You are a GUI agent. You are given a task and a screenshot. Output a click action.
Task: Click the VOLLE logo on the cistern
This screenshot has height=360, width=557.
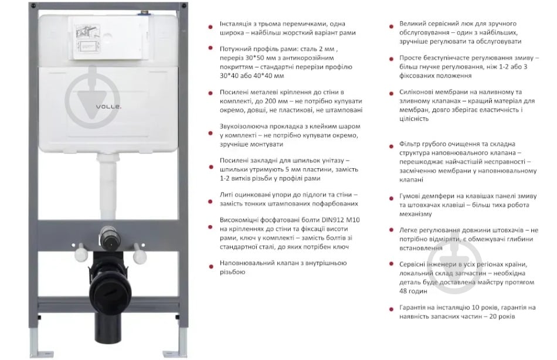108,106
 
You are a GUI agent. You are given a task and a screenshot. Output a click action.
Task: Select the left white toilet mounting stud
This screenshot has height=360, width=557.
81,252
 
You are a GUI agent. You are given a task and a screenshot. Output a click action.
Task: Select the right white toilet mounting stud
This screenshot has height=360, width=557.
139,253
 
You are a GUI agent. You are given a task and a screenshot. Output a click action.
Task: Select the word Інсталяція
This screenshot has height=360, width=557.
235,24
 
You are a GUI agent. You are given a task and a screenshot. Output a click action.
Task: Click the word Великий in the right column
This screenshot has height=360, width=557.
412,24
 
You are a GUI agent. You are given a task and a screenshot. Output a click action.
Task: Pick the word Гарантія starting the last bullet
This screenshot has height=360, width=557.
412,307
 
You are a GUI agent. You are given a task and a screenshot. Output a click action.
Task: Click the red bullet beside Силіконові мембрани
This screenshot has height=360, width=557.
391,93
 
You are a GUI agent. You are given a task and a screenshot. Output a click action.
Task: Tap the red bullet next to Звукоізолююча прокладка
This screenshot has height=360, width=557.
210,133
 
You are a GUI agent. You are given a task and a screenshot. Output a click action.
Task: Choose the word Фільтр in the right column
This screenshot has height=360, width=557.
409,144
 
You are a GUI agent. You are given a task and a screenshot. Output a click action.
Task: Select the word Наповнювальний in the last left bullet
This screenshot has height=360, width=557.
244,263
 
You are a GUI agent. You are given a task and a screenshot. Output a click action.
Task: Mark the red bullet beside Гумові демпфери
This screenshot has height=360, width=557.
391,198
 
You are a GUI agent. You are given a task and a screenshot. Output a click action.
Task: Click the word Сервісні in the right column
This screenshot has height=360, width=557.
412,264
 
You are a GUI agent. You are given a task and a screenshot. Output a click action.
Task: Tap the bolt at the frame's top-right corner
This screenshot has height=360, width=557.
184,6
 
